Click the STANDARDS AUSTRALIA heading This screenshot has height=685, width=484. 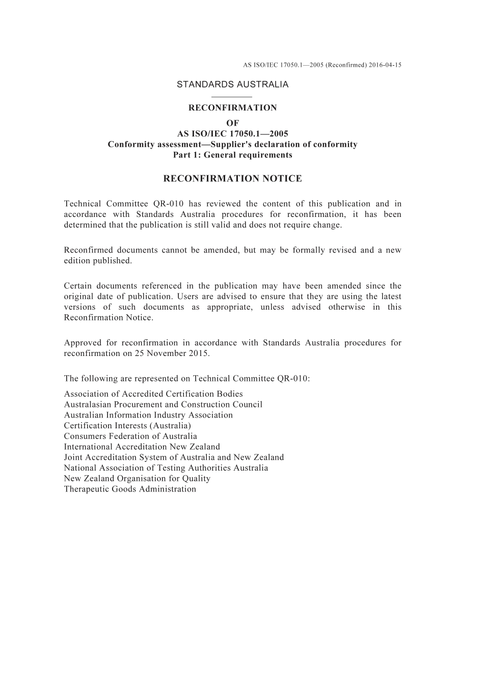pos(232,85)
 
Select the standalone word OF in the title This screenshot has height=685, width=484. pos(232,123)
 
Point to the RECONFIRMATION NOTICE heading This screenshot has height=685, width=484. pos(232,178)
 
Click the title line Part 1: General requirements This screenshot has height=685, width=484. pos(232,155)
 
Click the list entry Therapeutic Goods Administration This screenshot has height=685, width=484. pos(130,489)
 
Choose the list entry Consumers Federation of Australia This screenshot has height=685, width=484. pos(130,436)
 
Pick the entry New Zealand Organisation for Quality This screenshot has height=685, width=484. pos(137,478)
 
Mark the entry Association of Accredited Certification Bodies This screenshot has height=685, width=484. pos(153,394)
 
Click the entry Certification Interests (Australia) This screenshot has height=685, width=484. pos(127,425)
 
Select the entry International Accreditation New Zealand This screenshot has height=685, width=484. pos(142,447)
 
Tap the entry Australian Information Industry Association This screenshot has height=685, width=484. pos(148,415)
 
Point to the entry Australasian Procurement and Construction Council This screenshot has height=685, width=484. pos(163,404)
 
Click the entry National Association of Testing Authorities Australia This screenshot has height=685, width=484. pos(166,468)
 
